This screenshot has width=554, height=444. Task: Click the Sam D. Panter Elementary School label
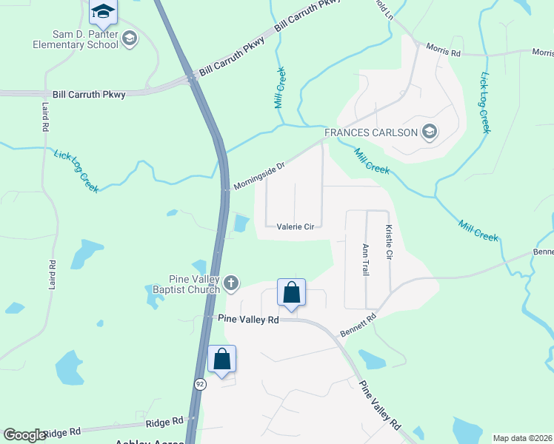(x=65, y=38)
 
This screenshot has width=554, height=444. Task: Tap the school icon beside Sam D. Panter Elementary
(x=130, y=38)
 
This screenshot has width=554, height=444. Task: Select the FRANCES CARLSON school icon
(x=428, y=132)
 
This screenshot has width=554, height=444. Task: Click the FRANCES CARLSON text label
(x=370, y=133)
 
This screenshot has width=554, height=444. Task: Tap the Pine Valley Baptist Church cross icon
(x=231, y=282)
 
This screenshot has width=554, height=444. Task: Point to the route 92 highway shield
(x=200, y=384)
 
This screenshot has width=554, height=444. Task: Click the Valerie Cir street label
(x=298, y=227)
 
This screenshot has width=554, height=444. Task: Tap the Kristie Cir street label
(x=387, y=242)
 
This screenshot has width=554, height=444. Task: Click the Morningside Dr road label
(x=259, y=175)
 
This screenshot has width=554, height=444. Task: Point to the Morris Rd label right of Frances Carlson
(x=443, y=50)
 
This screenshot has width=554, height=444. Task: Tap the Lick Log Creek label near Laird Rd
(x=76, y=171)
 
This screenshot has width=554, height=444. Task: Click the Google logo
(x=24, y=435)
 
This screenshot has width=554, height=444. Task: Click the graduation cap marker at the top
(x=103, y=11)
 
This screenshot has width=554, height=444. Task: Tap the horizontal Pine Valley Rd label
(x=248, y=318)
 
